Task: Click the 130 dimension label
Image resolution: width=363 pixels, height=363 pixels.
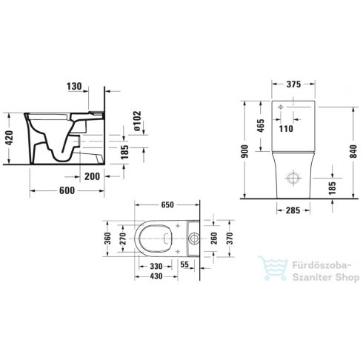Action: click(x=74, y=87)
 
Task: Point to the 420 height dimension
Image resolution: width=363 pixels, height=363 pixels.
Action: click(x=10, y=138)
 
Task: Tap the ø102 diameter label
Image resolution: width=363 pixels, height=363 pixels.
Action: click(x=137, y=121)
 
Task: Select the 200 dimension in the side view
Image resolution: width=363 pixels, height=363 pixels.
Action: click(x=92, y=176)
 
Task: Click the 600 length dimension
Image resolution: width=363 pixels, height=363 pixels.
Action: click(x=67, y=190)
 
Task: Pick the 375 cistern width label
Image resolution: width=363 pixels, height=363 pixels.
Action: click(x=293, y=84)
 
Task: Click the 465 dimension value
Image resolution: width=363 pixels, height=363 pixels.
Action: click(x=261, y=126)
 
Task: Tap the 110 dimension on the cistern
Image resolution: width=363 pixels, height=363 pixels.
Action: click(x=286, y=129)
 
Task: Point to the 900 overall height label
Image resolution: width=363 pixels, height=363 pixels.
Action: click(x=244, y=151)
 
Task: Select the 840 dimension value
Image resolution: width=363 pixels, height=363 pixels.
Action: click(x=353, y=151)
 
